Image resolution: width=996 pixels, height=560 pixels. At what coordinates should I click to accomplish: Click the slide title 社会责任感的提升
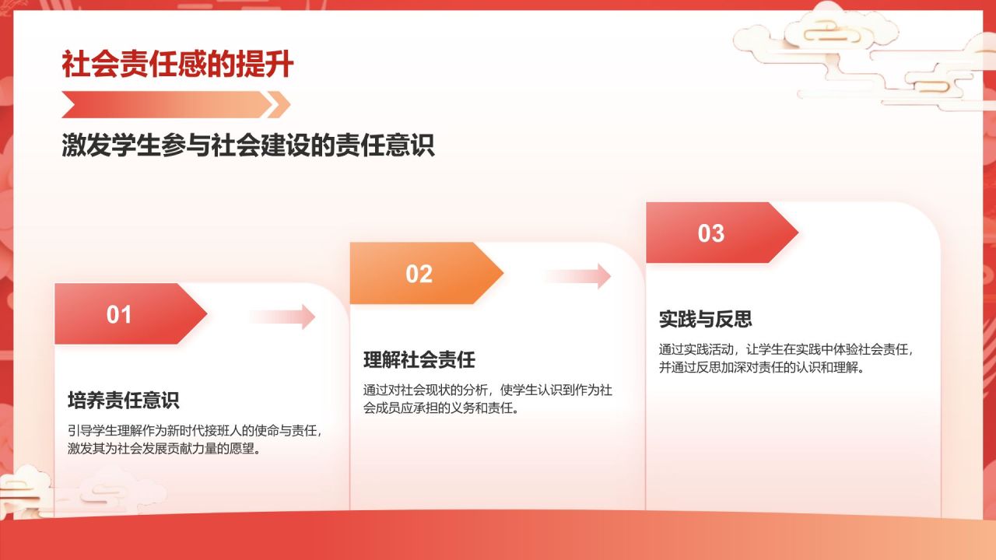pyautogui.click(x=177, y=65)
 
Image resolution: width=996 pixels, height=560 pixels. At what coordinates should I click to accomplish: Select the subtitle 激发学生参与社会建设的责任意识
pyautogui.click(x=248, y=145)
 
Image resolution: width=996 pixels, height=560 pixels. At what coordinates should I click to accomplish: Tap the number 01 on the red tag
pyautogui.click(x=119, y=315)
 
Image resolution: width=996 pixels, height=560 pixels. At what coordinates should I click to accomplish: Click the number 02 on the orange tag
pyautogui.click(x=419, y=274)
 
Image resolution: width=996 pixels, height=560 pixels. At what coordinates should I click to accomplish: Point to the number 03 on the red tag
pyautogui.click(x=710, y=233)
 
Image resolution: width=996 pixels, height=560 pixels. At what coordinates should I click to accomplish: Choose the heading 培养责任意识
pyautogui.click(x=124, y=401)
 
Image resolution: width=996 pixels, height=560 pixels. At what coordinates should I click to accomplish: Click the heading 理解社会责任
pyautogui.click(x=419, y=360)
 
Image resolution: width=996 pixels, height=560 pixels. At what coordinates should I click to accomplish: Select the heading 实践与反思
pyautogui.click(x=706, y=320)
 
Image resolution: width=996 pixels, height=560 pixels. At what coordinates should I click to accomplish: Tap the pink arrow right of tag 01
pyautogui.click(x=282, y=317)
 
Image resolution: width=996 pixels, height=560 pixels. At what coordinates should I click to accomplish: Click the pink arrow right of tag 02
pyautogui.click(x=577, y=276)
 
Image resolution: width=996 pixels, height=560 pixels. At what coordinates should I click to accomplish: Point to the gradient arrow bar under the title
pyautogui.click(x=176, y=104)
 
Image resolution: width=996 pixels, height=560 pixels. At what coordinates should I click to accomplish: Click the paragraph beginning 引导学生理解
pyautogui.click(x=195, y=439)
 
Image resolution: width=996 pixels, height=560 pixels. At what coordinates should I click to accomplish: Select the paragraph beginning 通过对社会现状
pyautogui.click(x=488, y=399)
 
